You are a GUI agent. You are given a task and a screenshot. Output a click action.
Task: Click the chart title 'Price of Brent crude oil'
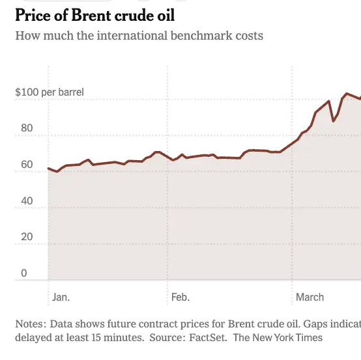click(x=95, y=14)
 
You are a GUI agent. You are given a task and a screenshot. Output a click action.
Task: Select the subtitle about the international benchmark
click(x=139, y=35)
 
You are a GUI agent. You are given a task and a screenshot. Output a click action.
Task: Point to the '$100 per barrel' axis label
click(x=50, y=92)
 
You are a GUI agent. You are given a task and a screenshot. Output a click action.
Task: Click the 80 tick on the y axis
click(x=27, y=128)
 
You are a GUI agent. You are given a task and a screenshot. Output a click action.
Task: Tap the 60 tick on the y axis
click(x=27, y=165)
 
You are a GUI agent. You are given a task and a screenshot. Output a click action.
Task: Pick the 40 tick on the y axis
click(x=27, y=201)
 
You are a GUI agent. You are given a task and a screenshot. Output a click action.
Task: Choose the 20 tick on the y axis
click(x=27, y=237)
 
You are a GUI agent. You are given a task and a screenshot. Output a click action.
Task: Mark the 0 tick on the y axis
click(x=24, y=273)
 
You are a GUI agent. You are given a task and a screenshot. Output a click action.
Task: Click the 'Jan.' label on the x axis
click(x=61, y=298)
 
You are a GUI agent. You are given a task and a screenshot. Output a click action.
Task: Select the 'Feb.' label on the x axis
click(x=180, y=298)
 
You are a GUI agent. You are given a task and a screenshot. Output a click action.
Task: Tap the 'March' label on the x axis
click(x=310, y=298)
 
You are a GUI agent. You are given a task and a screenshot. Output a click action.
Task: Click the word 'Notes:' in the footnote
click(x=31, y=324)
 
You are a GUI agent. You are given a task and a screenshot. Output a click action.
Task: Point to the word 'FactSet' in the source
click(x=208, y=338)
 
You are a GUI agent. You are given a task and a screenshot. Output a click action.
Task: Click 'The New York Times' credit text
click(x=278, y=338)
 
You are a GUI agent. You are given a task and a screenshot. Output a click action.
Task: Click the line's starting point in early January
click(x=49, y=169)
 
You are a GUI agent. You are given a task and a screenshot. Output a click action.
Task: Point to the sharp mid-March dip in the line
click(x=334, y=121)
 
